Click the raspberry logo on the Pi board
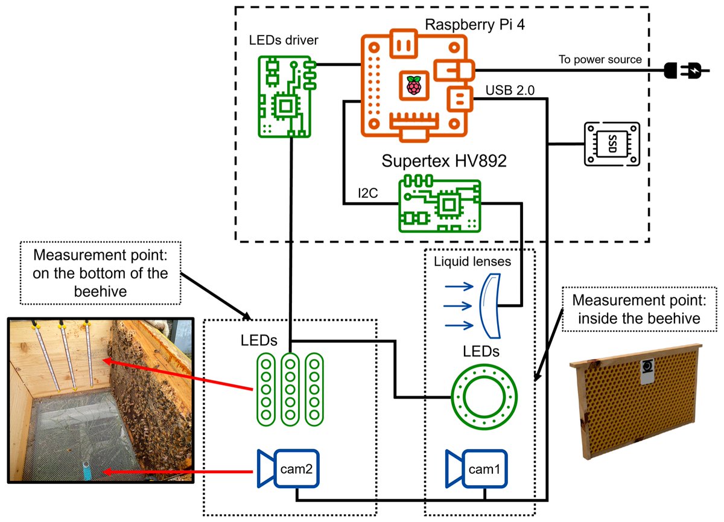(x=413, y=85)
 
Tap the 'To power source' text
(x=599, y=59)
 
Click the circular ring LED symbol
(x=485, y=397)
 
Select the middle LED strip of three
(x=290, y=389)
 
